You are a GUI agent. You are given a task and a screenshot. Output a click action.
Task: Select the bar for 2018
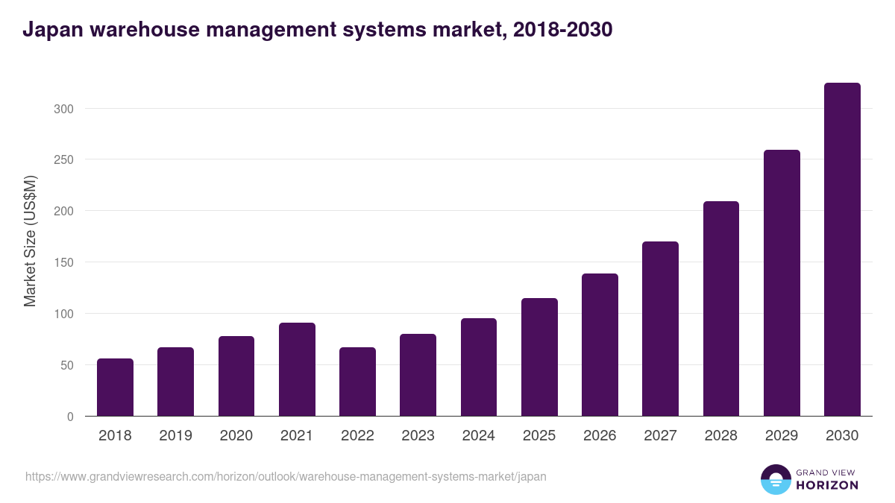point(115,387)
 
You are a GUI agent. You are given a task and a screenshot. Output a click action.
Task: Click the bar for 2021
point(297,370)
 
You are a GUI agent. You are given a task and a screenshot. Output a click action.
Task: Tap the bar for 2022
point(357,382)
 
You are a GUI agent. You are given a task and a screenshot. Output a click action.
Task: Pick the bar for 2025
point(539,357)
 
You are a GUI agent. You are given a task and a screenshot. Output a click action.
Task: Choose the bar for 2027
point(661,329)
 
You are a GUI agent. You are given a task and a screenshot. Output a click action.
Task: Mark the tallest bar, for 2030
point(842,250)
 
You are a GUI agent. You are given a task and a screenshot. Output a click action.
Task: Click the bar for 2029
point(782,283)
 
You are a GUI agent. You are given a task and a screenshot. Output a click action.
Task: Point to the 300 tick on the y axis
point(64,109)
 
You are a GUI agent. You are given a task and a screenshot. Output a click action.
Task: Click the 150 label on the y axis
point(64,262)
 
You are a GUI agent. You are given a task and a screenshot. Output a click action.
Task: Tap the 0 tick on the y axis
point(70,417)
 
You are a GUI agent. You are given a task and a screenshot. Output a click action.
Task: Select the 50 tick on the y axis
point(67,365)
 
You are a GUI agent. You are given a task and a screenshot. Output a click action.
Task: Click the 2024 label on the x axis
point(478,436)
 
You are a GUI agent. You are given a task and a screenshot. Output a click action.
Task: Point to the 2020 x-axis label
point(236,436)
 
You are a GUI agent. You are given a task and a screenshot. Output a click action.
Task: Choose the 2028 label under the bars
point(720,436)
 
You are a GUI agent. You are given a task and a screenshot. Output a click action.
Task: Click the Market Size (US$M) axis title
point(30,240)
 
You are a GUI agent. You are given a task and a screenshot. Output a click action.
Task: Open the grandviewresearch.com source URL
point(286,476)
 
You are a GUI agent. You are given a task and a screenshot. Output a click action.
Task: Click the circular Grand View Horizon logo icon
point(775,479)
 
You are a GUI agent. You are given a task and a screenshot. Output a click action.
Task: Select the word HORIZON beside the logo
point(827,485)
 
